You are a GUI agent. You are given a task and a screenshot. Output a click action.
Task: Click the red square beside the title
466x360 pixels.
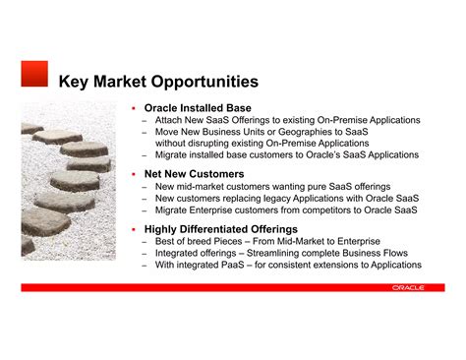click(x=34, y=73)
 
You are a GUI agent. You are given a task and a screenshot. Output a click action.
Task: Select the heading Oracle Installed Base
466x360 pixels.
click(x=198, y=107)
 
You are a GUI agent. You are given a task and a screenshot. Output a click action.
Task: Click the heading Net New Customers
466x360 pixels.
click(x=194, y=174)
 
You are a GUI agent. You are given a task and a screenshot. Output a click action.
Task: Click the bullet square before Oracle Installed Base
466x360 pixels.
click(x=131, y=107)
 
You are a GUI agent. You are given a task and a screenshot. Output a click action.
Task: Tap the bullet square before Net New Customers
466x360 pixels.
click(x=131, y=174)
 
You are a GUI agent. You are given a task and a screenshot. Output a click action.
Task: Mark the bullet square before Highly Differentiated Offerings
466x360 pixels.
click(x=131, y=229)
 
